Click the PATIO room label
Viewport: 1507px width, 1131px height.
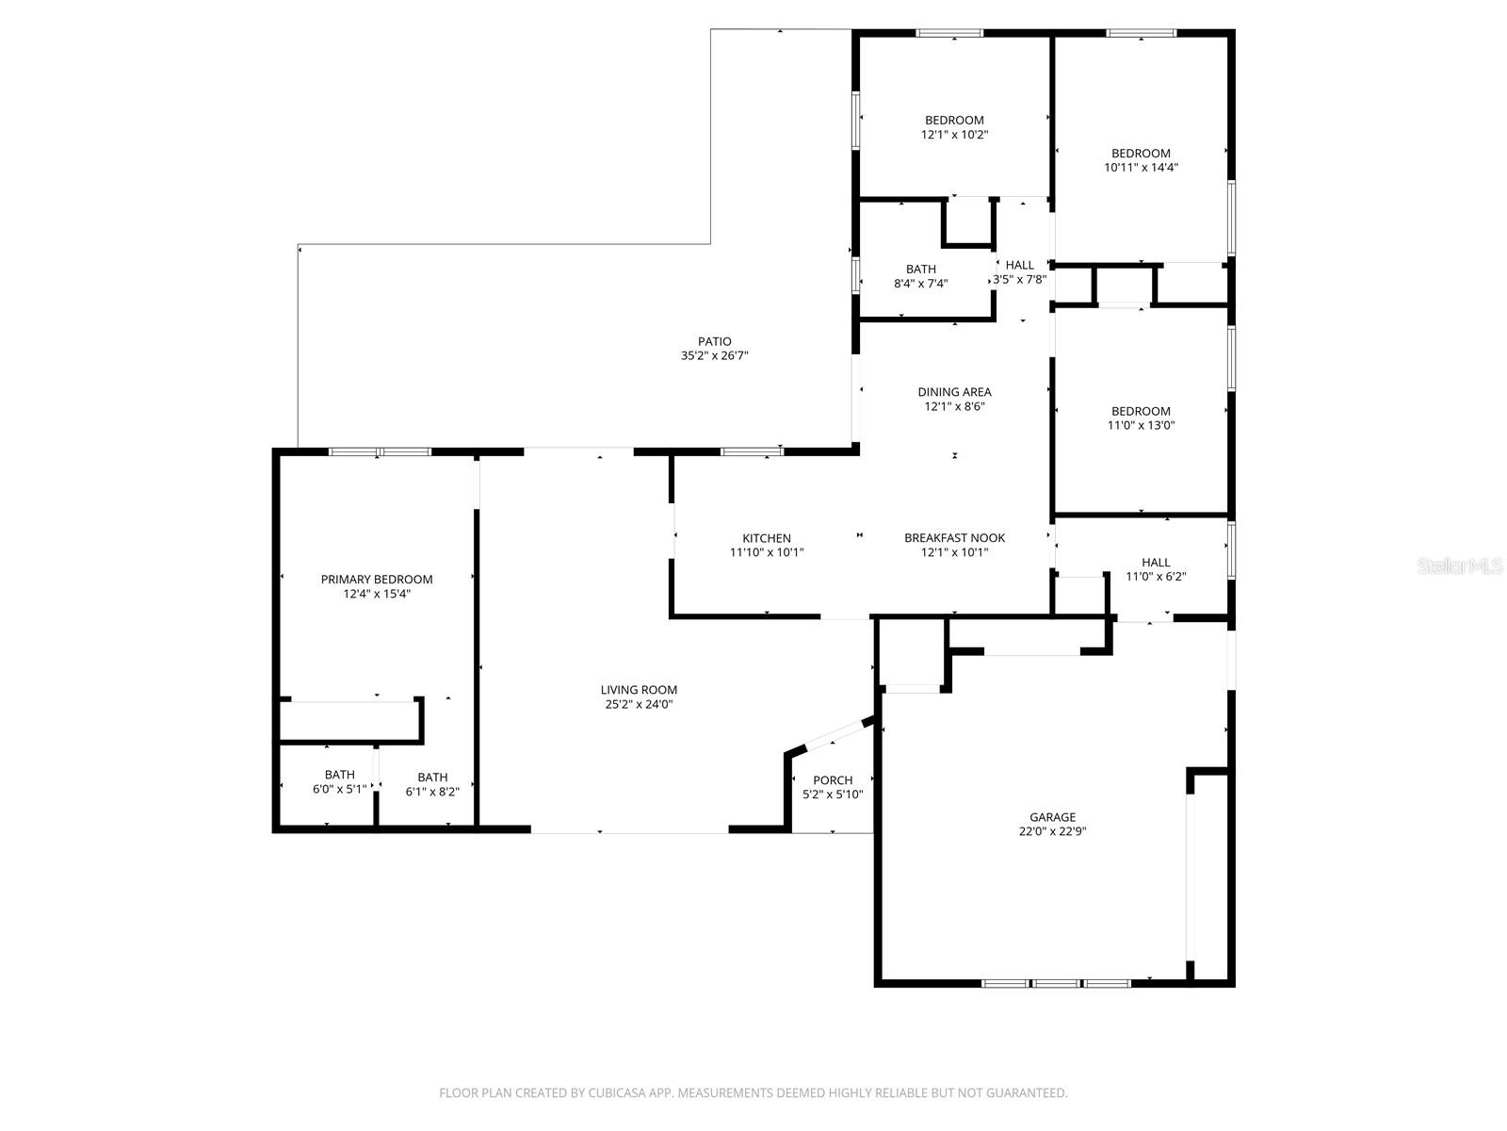(714, 341)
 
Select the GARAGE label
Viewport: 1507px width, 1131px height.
(1052, 817)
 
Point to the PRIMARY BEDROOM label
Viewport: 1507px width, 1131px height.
(377, 579)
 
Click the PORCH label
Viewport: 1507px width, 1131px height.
(833, 779)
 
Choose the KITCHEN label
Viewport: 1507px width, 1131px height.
(767, 538)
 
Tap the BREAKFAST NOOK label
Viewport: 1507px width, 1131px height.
(954, 537)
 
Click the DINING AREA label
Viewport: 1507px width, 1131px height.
(954, 391)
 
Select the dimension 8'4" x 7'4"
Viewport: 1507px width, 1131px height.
(920, 283)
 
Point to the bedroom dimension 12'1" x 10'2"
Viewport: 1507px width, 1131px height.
(954, 134)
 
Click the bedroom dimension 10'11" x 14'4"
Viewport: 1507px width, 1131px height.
(1141, 167)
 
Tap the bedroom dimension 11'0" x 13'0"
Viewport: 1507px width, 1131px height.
(1141, 425)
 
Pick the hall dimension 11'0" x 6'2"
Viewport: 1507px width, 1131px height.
(1156, 576)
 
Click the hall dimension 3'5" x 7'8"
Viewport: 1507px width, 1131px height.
(1019, 279)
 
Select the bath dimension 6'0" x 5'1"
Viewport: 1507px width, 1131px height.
(339, 789)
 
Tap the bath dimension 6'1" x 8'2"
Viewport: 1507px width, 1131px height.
(432, 792)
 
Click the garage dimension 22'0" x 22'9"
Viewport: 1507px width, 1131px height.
(1052, 831)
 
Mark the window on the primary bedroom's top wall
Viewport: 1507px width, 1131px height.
(380, 451)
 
